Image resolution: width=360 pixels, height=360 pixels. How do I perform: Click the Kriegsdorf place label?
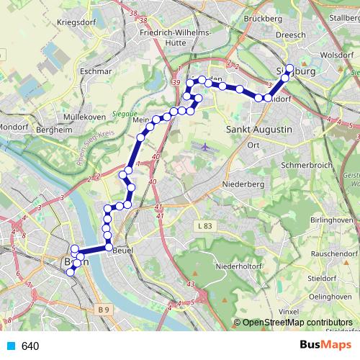(77, 22)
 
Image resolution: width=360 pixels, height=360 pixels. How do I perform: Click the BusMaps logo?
(320, 346)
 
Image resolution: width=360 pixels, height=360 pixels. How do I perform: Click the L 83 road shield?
(205, 226)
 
